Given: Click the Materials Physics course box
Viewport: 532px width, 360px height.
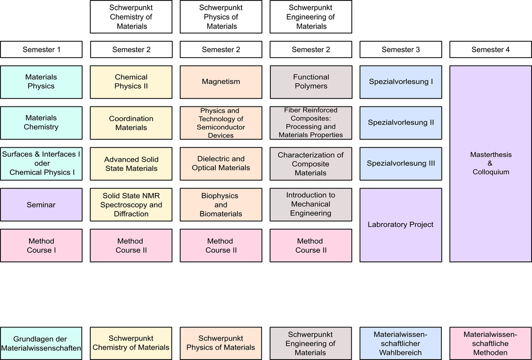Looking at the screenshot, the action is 41,82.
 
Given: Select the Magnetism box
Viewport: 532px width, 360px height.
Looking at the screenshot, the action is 221,82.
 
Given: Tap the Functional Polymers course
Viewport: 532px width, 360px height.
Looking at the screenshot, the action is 311,82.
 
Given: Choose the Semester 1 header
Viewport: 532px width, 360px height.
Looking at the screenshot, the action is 41,50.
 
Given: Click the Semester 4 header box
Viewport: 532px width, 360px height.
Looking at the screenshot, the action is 491,50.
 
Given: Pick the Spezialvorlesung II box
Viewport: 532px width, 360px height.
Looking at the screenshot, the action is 400,123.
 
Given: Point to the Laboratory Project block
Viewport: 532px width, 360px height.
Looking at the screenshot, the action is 400,225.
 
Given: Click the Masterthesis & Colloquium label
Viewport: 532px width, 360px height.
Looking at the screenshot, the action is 491,163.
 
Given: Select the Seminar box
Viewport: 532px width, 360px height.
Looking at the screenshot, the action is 41,204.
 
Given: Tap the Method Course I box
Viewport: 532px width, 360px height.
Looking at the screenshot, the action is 41,245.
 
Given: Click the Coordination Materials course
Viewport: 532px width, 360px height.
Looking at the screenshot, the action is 131,123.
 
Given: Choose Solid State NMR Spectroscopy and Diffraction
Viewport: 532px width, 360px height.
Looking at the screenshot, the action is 131,204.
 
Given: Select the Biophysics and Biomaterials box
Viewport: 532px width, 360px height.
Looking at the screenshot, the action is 221,204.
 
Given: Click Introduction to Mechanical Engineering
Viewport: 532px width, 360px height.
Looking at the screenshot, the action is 311,204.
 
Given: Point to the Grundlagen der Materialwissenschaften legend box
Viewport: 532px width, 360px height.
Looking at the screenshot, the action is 41,343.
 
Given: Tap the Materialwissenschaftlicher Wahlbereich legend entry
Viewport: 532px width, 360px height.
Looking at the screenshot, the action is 400,343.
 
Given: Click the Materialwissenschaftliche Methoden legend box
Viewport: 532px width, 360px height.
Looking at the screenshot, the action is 491,343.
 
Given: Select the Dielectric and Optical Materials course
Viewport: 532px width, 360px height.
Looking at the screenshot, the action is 221,164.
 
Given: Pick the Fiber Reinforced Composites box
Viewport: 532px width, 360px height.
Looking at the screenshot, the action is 311,123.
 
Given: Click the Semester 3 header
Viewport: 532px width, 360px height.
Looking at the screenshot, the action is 400,50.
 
